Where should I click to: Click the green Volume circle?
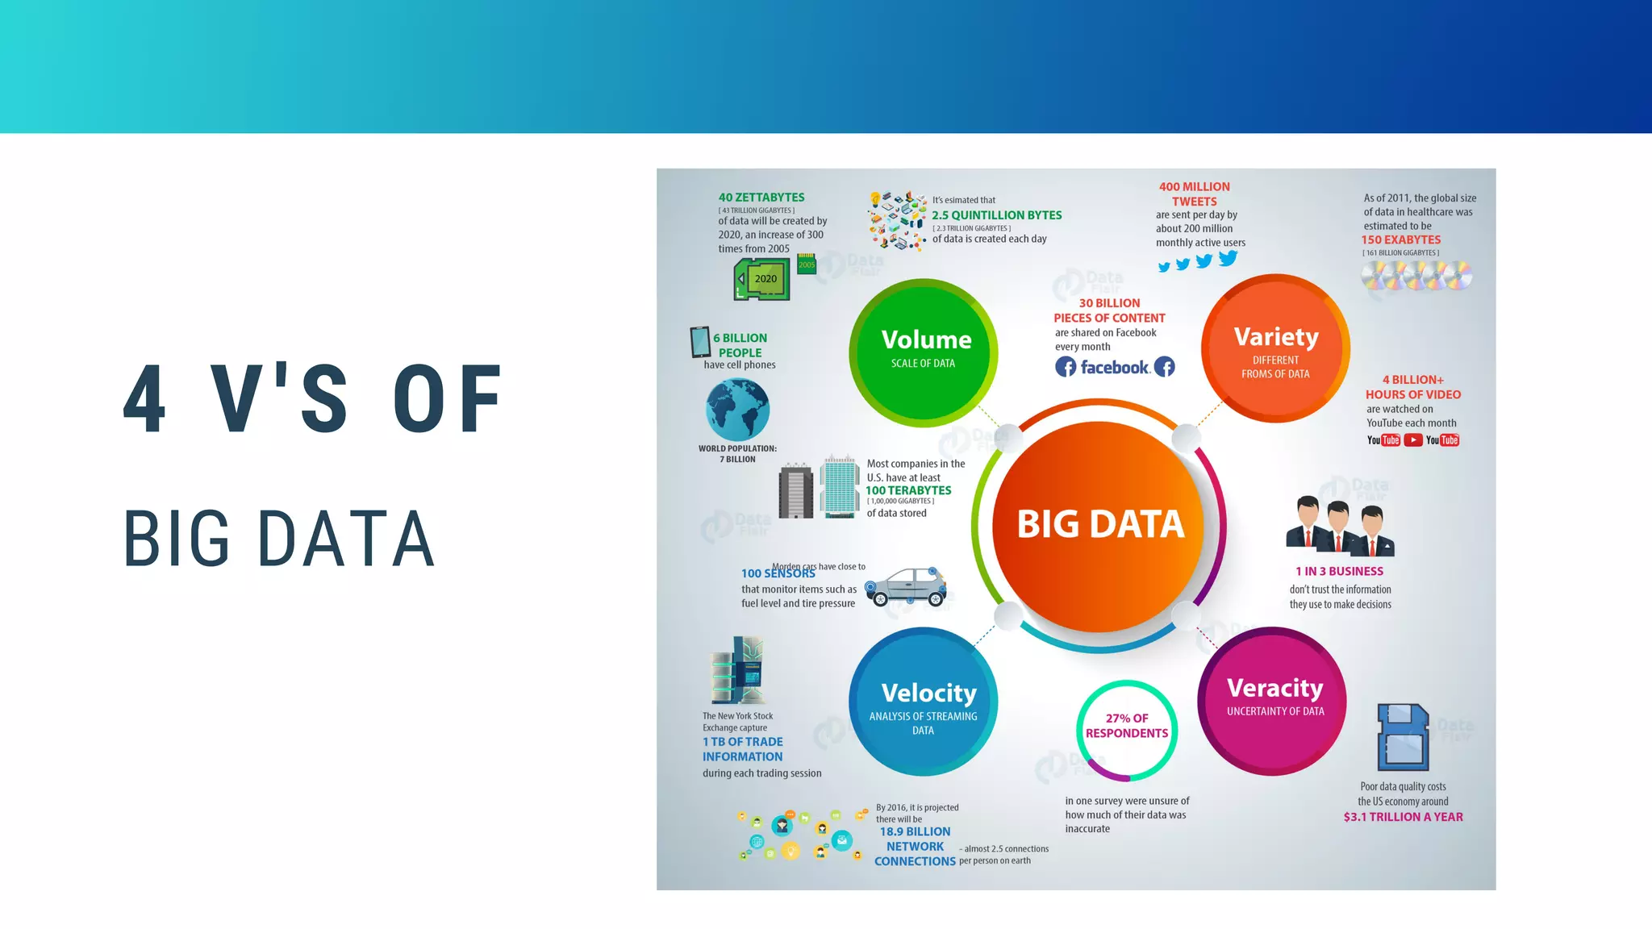tap(924, 352)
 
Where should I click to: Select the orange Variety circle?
tap(1275, 348)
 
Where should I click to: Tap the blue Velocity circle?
tap(924, 702)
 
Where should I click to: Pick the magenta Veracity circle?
tap(1272, 701)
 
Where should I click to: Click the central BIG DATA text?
tap(1100, 524)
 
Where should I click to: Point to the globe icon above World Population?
tap(737, 410)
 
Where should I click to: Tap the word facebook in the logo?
tap(1115, 368)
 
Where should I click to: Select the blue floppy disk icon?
tap(1403, 737)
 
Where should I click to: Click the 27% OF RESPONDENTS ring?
tap(1127, 731)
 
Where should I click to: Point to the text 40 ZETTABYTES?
tap(761, 198)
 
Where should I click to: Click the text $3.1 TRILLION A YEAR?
tap(1403, 817)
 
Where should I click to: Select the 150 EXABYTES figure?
tap(1401, 240)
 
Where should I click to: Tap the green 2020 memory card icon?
tap(762, 280)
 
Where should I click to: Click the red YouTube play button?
tap(1412, 440)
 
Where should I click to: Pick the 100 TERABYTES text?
tap(908, 490)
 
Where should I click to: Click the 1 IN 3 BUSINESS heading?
tap(1339, 571)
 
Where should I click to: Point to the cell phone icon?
tap(700, 342)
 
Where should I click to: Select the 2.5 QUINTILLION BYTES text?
tap(996, 215)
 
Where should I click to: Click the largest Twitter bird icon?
tap(1228, 258)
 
